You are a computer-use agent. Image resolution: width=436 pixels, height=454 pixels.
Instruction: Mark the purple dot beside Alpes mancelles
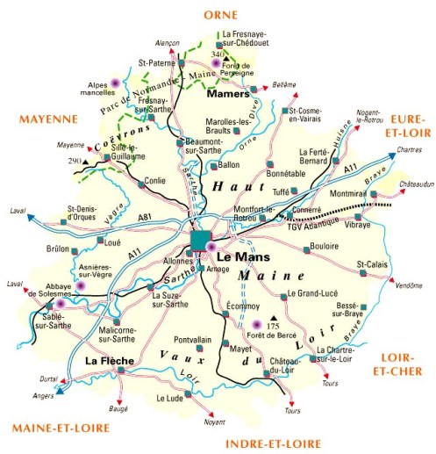point(115,84)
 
